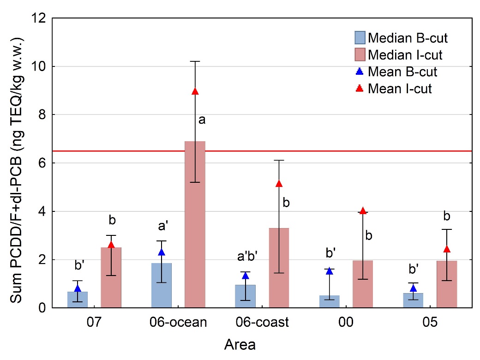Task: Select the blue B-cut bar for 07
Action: [78, 300]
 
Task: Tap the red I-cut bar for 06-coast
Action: [279, 268]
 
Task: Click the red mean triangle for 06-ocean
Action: [195, 91]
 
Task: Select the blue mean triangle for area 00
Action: [330, 271]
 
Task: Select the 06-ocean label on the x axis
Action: [178, 323]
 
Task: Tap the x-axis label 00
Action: [346, 323]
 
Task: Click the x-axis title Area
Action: [240, 344]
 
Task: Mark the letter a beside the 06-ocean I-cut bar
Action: [202, 120]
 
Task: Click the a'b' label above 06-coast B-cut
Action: [246, 258]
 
